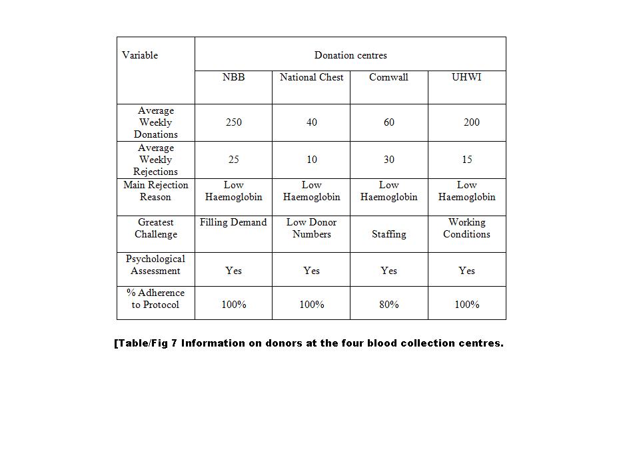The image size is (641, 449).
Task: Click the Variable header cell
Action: pos(140,55)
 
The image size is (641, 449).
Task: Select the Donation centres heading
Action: pos(350,55)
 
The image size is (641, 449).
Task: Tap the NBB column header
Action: pos(233,77)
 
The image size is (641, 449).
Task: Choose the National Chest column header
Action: pos(311,77)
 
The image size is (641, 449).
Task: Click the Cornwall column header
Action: pos(388,77)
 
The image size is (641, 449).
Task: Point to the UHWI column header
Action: pos(466,77)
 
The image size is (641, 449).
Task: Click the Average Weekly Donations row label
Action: pos(156,122)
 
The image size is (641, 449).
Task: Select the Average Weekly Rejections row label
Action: pos(156,160)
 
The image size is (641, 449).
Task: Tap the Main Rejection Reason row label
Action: pos(156,191)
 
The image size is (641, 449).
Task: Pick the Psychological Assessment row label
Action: pos(156,265)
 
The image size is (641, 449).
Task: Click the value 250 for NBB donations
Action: pos(233,122)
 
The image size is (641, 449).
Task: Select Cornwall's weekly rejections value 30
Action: pos(388,160)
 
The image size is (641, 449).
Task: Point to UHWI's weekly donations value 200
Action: pos(471,122)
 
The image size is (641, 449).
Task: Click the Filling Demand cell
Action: pos(233,222)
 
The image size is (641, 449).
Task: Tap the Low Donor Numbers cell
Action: pos(311,228)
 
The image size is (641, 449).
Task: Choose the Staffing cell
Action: pos(388,234)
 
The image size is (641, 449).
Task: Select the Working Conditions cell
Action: pos(466,228)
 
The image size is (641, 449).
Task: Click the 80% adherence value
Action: pos(388,305)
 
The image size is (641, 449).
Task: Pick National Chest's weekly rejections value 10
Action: pos(311,160)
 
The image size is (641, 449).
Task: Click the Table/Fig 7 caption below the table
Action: pos(309,343)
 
